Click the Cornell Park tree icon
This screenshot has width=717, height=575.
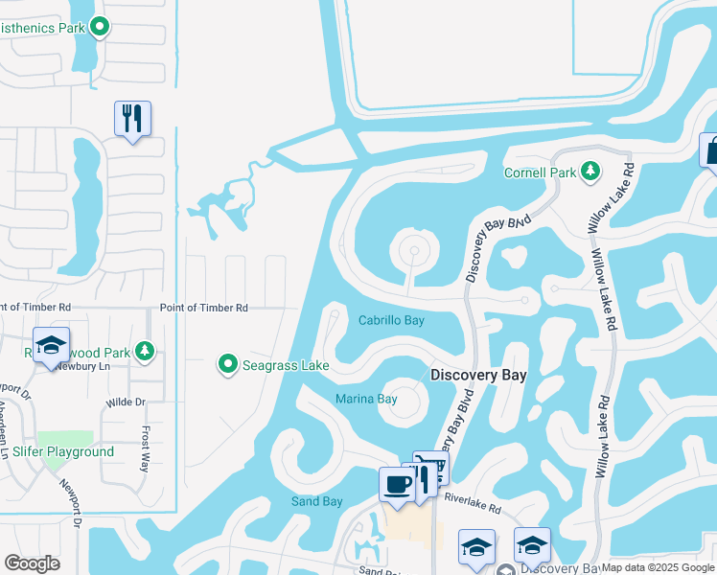(591, 172)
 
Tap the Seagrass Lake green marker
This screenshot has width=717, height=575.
(228, 364)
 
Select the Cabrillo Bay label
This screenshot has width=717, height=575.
(391, 321)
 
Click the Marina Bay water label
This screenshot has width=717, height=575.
(366, 399)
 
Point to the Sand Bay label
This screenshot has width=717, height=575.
(317, 501)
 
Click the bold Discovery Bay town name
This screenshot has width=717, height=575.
(478, 375)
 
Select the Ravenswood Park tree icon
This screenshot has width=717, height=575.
(144, 351)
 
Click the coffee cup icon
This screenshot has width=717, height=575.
(397, 484)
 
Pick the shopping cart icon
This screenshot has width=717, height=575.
(433, 467)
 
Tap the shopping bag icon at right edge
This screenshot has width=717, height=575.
(711, 150)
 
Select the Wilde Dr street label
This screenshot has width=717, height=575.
(126, 402)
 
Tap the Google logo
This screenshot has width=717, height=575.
(32, 563)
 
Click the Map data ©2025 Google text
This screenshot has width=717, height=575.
(658, 567)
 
